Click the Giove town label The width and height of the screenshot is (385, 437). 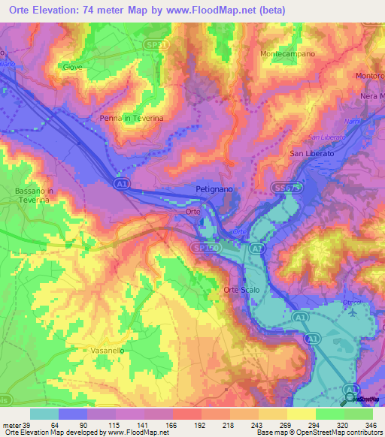(x=73, y=67)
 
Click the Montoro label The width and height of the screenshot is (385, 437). (x=371, y=76)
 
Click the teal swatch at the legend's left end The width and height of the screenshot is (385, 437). (x=44, y=414)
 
